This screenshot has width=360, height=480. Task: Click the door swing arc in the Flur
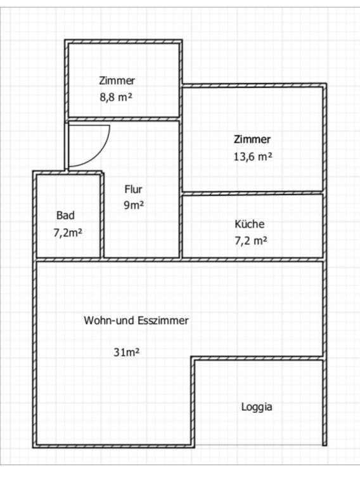pyautogui.click(x=101, y=153)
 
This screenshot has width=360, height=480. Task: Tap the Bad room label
pyautogui.click(x=65, y=215)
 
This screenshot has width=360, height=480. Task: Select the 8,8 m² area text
pyautogui.click(x=116, y=98)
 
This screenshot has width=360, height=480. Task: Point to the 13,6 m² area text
pyautogui.click(x=253, y=157)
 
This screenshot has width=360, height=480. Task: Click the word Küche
pyautogui.click(x=250, y=224)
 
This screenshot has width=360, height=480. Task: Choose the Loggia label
pyautogui.click(x=257, y=407)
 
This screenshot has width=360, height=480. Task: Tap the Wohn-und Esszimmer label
pyautogui.click(x=136, y=320)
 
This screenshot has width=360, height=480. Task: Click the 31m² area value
pyautogui.click(x=127, y=352)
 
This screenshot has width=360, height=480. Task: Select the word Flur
pyautogui.click(x=133, y=189)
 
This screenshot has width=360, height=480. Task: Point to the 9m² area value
pyautogui.click(x=134, y=205)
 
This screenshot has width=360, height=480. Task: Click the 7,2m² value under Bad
pyautogui.click(x=68, y=233)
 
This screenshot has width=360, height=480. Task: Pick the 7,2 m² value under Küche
pyautogui.click(x=251, y=241)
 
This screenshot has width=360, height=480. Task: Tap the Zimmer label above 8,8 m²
pyautogui.click(x=117, y=81)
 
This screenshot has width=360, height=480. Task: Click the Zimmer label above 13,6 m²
pyautogui.click(x=252, y=139)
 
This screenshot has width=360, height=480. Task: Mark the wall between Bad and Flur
pyautogui.click(x=102, y=215)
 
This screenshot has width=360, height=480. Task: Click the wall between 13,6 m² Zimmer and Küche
pyautogui.click(x=252, y=193)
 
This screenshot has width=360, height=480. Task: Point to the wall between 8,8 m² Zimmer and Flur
pyautogui.click(x=124, y=119)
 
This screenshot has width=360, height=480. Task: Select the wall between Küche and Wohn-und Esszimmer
pyautogui.click(x=252, y=259)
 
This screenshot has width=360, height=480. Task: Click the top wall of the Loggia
pyautogui.click(x=259, y=358)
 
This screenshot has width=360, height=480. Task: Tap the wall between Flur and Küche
pyautogui.click(x=181, y=226)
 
